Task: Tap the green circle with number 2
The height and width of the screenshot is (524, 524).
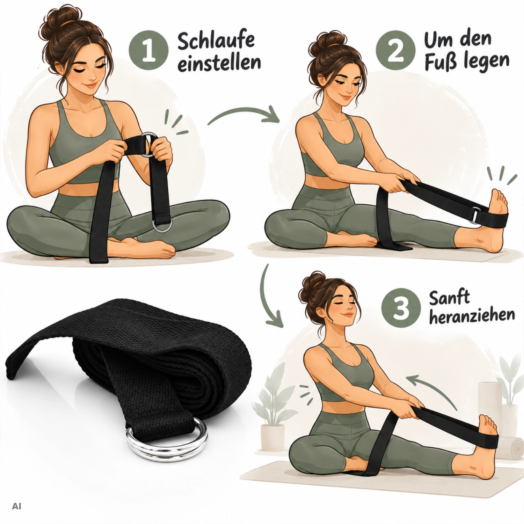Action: click(395, 50)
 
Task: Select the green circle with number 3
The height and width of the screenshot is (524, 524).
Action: click(401, 308)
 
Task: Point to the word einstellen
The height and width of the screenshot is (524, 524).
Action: click(219, 63)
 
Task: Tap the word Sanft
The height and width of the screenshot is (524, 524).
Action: click(449, 298)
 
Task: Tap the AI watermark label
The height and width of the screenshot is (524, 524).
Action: click(16, 506)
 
